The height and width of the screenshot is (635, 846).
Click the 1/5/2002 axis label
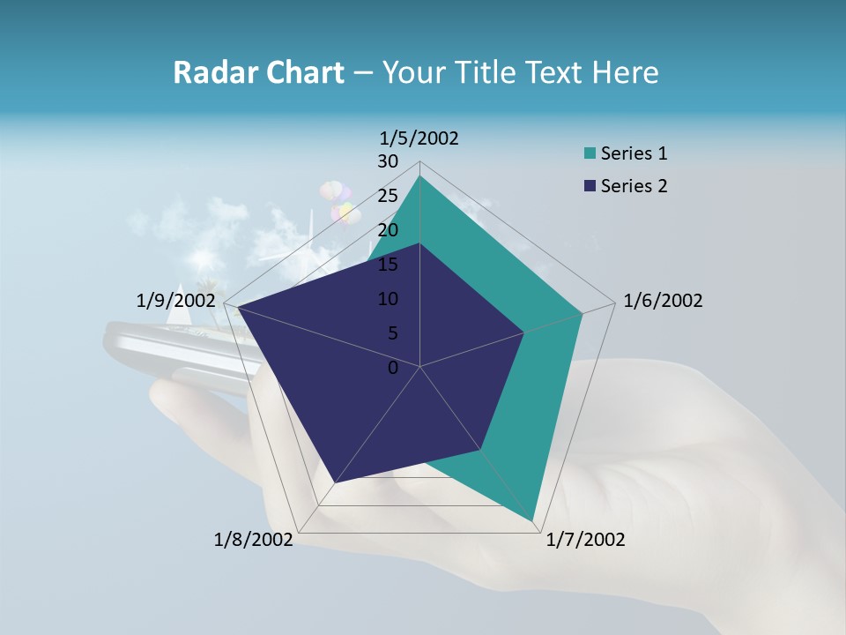coord(419,138)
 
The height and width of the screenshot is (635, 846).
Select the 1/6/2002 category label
coord(663,301)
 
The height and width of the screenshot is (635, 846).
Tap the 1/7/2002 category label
coord(585,539)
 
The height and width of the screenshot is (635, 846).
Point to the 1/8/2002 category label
coord(253,539)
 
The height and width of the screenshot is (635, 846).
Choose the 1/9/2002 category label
coord(175,301)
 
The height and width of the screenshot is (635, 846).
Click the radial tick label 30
coord(387,161)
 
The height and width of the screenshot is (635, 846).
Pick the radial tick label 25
coord(387,196)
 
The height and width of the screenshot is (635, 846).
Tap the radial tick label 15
coord(387,265)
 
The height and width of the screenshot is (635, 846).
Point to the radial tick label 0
coord(393,368)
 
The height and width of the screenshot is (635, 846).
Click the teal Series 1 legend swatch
coord(589,154)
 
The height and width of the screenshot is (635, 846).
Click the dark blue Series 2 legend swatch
coord(589,186)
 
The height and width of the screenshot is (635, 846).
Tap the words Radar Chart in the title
coord(258,72)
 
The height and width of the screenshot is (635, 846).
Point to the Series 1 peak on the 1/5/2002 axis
coord(419,176)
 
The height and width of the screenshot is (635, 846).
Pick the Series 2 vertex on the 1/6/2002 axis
coord(524,332)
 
